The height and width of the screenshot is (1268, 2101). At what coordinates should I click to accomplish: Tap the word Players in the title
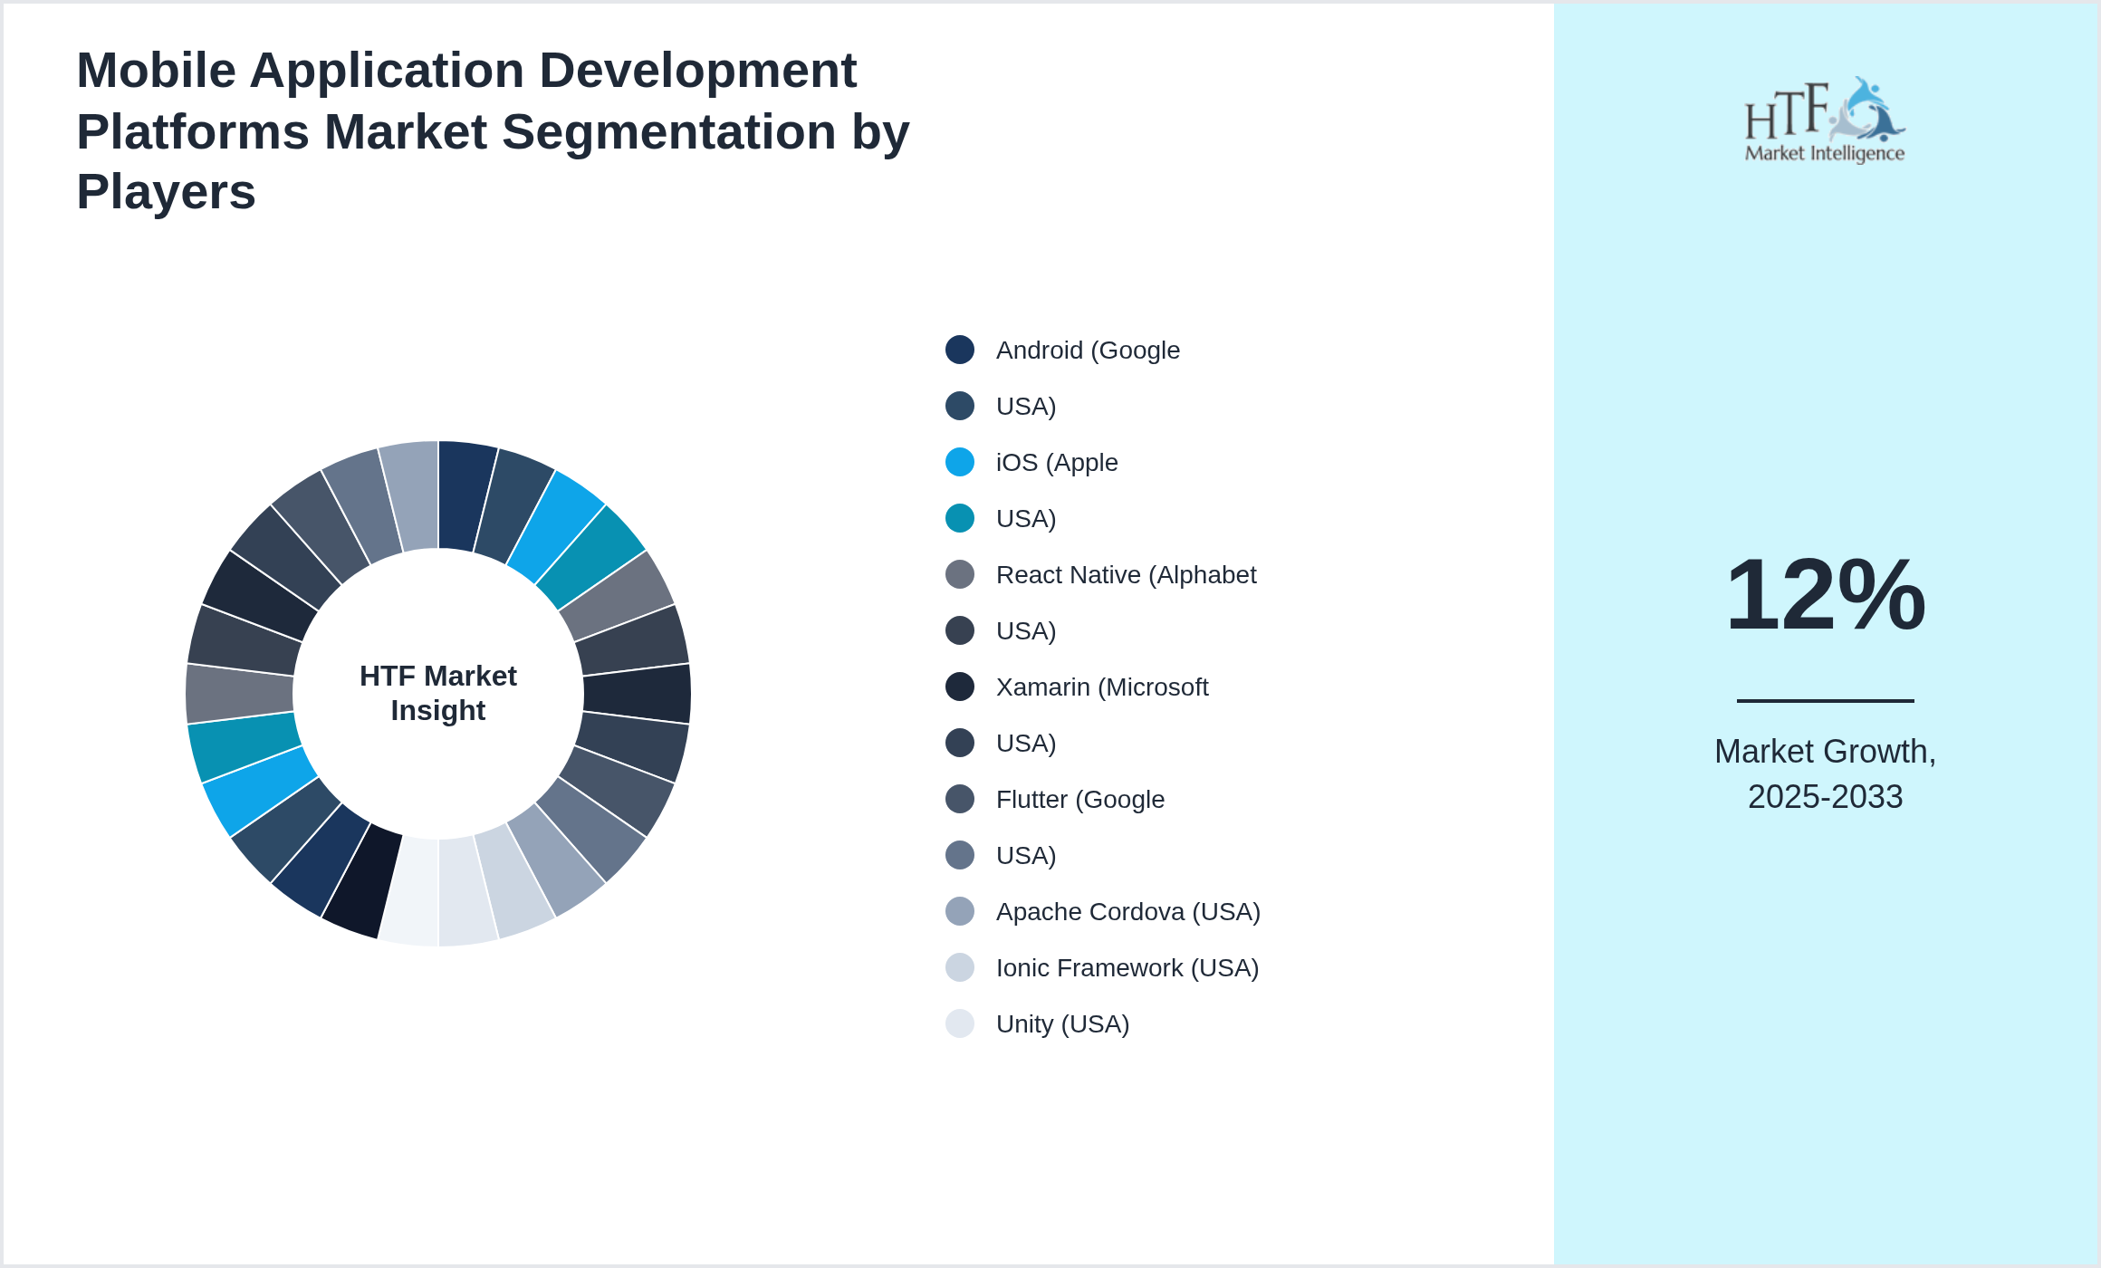[166, 192]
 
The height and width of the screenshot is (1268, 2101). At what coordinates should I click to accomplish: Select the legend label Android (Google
[1088, 351]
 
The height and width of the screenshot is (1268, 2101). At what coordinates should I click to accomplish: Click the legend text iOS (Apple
[1057, 463]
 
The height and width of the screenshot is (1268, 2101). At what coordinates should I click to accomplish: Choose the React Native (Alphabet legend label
[1126, 575]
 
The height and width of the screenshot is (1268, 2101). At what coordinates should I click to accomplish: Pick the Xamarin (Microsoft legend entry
[1102, 687]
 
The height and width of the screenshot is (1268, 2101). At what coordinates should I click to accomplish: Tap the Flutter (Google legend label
[1080, 800]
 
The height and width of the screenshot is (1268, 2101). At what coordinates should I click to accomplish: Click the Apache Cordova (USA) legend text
[1128, 912]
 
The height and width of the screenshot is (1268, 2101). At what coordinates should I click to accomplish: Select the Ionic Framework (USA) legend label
[1127, 968]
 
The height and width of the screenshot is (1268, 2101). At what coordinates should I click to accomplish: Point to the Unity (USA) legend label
[1062, 1024]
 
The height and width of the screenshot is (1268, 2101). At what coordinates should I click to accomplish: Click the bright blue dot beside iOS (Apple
[960, 462]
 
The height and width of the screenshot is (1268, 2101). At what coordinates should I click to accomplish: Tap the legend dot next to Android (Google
[960, 350]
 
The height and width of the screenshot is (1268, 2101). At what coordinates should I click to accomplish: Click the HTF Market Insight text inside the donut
[438, 693]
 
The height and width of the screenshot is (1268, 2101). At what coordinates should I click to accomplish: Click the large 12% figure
[1825, 595]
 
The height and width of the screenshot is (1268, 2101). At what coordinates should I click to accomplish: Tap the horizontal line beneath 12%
[1825, 700]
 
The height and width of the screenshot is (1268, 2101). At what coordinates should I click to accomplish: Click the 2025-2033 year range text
[1825, 797]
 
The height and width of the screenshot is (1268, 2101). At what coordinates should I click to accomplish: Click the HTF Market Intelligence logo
[1825, 121]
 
